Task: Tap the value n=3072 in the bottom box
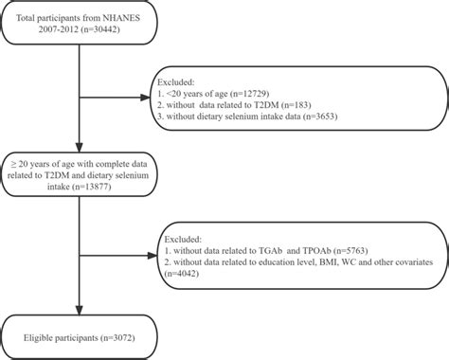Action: pyautogui.click(x=133, y=336)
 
